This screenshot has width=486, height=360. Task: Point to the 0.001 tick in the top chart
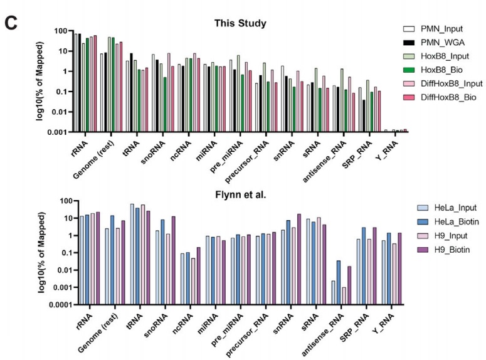coord(57,132)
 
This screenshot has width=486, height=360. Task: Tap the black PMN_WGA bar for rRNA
coord(80,82)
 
